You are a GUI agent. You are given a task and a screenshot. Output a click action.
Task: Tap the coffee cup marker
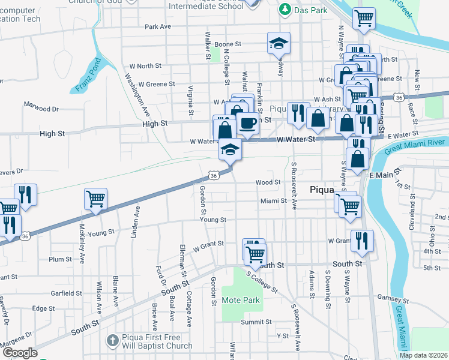click(x=247, y=123)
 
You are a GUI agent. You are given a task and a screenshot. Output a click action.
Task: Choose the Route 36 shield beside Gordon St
click(x=213, y=175)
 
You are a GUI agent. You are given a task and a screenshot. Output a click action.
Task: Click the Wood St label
click(x=268, y=182)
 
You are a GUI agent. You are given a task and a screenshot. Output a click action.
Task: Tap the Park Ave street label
click(x=158, y=27)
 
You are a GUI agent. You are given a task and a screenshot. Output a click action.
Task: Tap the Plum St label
click(x=60, y=259)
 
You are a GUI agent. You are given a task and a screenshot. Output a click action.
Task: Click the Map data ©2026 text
click(x=423, y=355)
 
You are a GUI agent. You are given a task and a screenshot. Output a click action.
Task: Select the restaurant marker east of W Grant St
click(x=362, y=240)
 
